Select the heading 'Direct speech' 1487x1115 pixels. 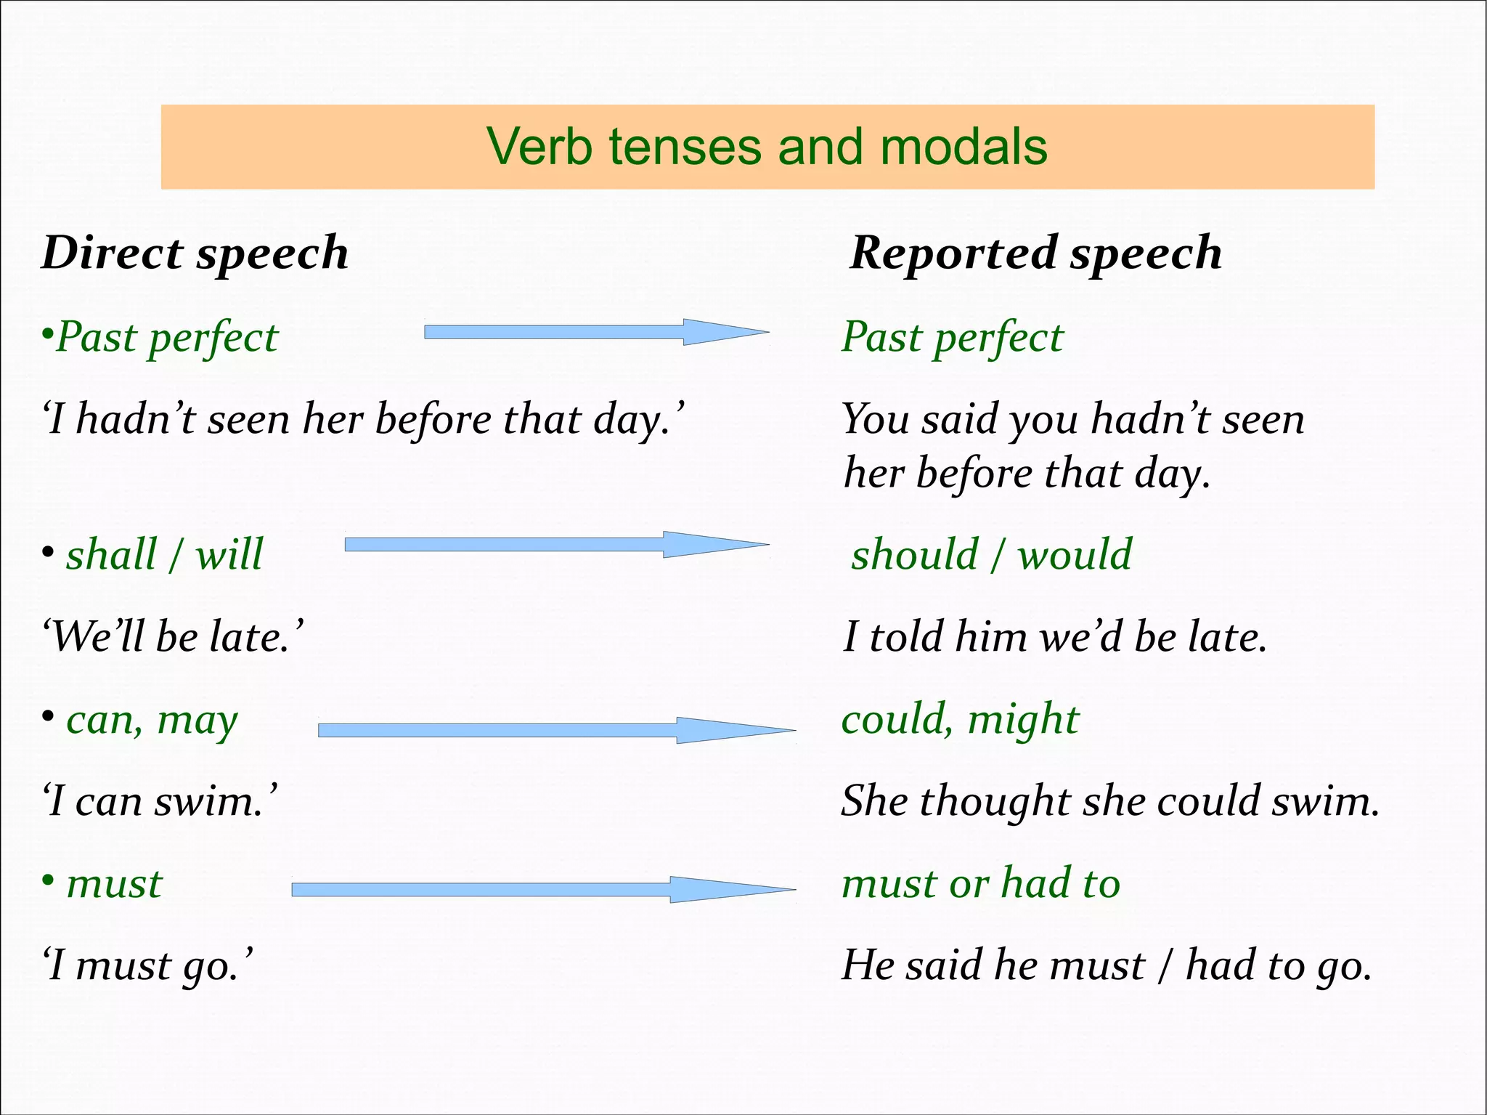(x=195, y=253)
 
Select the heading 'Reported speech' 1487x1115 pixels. (x=1035, y=253)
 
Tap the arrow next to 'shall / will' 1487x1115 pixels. (x=555, y=545)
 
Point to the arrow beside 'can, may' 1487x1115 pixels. (x=555, y=730)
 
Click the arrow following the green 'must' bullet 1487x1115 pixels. (x=542, y=889)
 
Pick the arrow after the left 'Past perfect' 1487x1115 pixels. (x=595, y=332)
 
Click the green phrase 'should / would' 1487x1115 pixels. (x=991, y=554)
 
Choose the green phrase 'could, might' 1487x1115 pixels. (x=960, y=719)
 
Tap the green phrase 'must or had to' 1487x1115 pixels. (x=980, y=883)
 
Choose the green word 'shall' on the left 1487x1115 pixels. (x=111, y=554)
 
